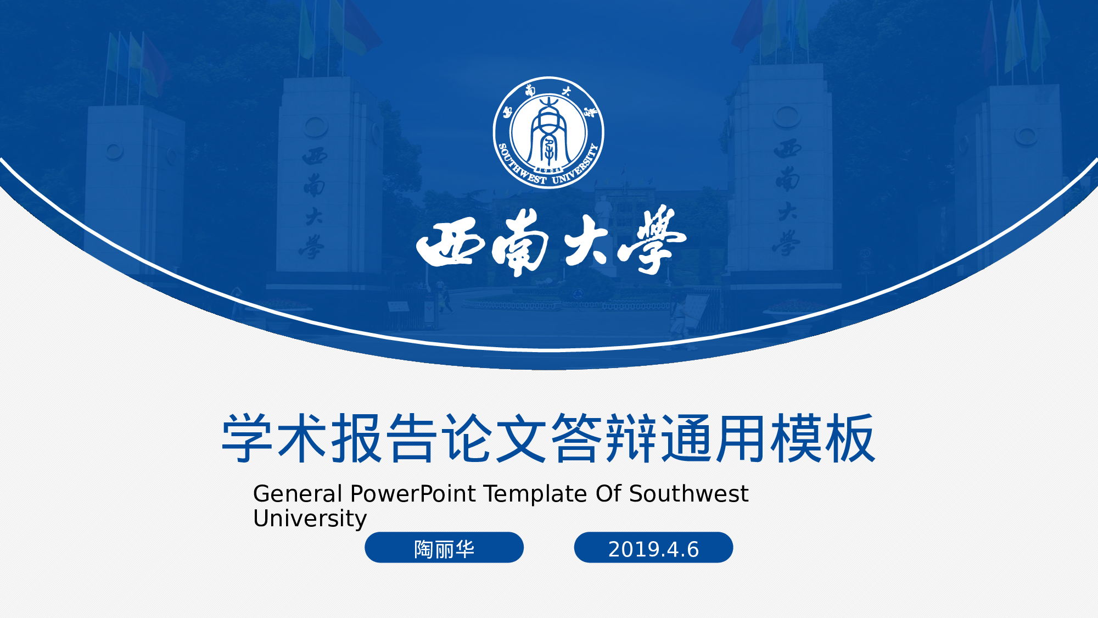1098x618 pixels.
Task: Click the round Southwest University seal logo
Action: coord(548,132)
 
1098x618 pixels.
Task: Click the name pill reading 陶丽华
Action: coord(444,548)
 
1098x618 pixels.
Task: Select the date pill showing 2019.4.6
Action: coord(653,548)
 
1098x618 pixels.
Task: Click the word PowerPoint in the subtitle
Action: coord(413,494)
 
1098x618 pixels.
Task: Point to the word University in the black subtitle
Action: coord(310,519)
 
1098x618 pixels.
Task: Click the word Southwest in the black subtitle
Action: coord(688,494)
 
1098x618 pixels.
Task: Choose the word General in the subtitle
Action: coord(298,494)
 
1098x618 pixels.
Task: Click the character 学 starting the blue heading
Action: coord(247,438)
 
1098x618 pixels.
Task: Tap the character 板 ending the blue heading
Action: coord(850,438)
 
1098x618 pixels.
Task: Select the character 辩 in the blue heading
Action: coord(631,438)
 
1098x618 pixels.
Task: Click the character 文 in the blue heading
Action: coord(521,438)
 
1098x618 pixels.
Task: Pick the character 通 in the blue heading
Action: coord(686,438)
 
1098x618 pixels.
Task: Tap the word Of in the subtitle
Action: coord(608,494)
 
